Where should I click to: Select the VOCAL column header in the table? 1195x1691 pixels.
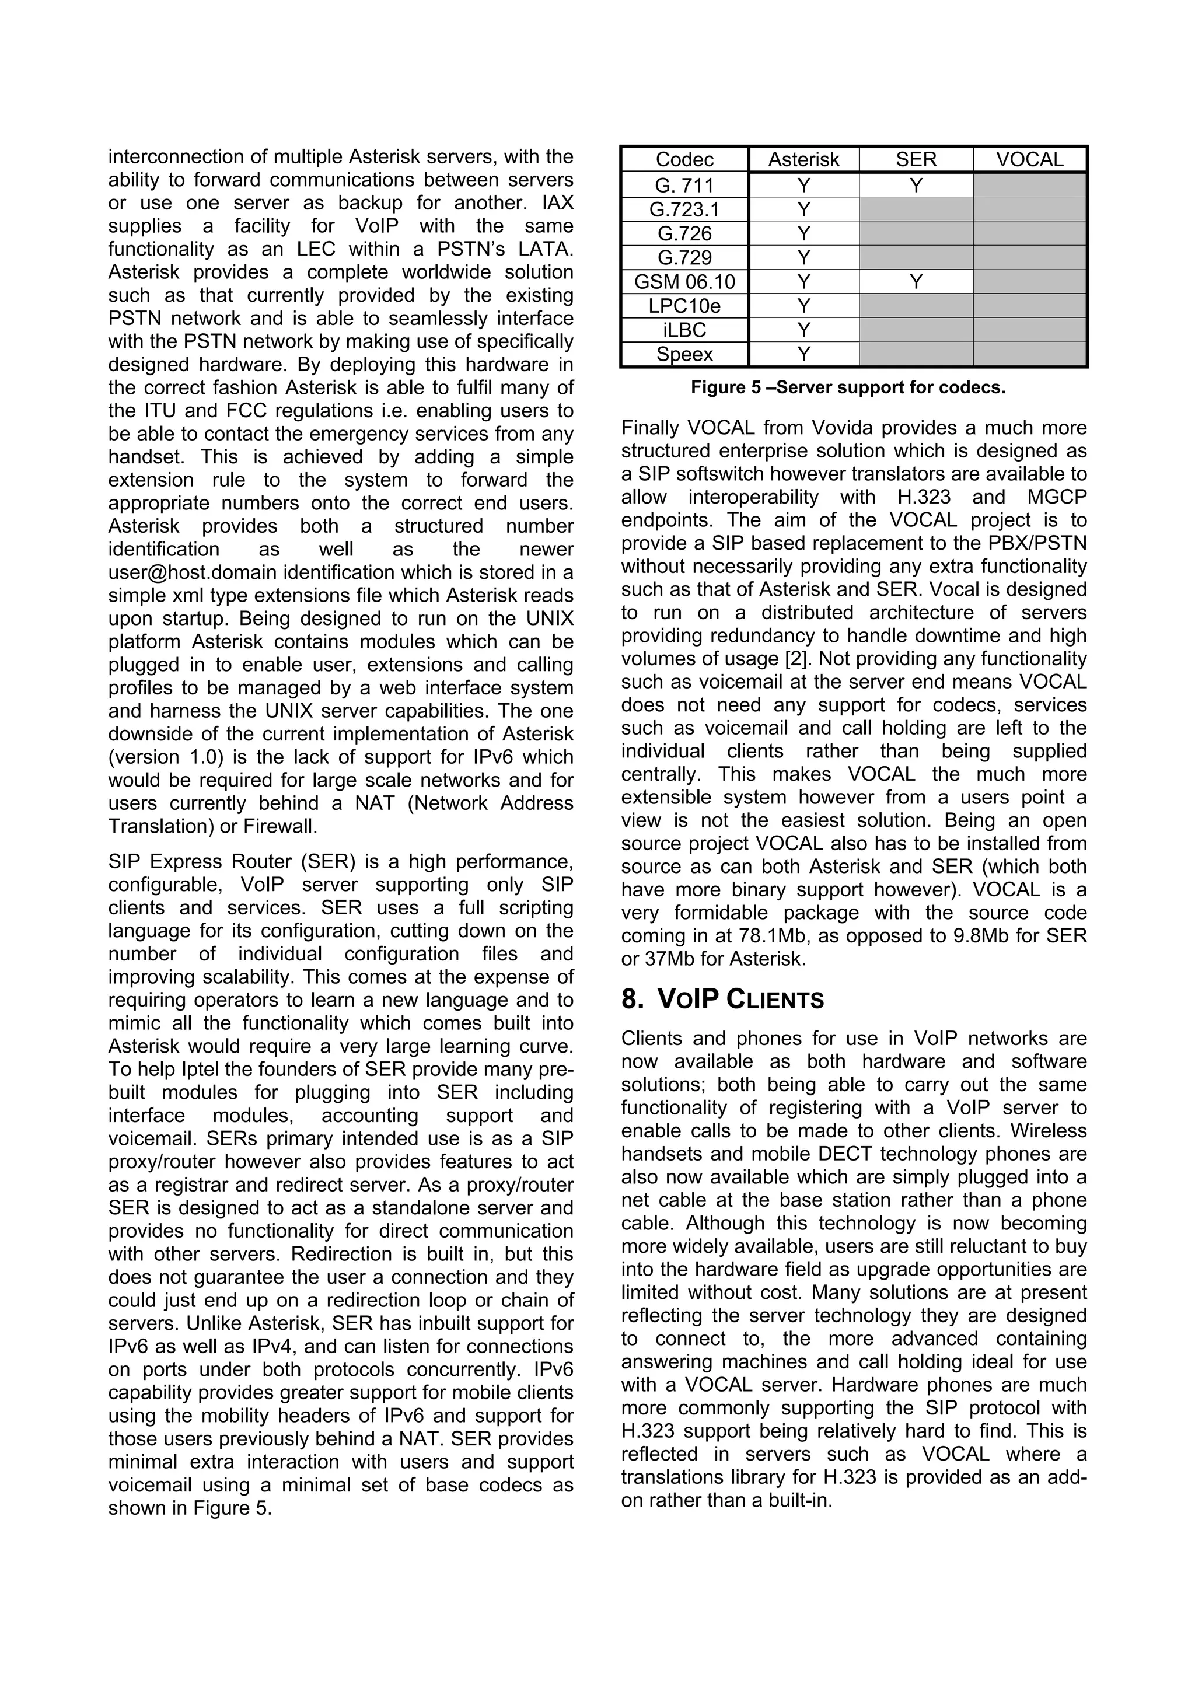coord(1029,160)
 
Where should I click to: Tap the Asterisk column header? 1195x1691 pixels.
coord(803,160)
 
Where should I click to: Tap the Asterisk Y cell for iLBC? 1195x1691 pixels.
coord(803,330)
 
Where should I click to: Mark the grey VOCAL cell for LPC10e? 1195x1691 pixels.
coord(1029,306)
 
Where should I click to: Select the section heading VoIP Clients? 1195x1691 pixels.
coord(740,1000)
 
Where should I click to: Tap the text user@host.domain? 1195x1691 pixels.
coord(193,572)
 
